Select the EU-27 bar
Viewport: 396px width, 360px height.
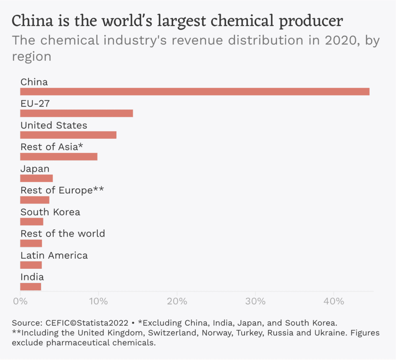point(77,113)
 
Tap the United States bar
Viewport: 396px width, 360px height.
point(68,135)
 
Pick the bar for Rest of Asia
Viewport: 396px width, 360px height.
point(59,157)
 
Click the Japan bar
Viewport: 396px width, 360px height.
point(36,178)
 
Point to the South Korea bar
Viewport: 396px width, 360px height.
point(32,222)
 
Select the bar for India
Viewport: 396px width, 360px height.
point(31,287)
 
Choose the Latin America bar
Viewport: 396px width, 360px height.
point(31,265)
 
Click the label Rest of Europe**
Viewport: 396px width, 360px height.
point(62,190)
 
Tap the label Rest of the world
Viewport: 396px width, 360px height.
point(63,234)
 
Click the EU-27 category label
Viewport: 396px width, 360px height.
point(35,104)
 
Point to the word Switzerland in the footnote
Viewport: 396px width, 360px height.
point(157,333)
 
